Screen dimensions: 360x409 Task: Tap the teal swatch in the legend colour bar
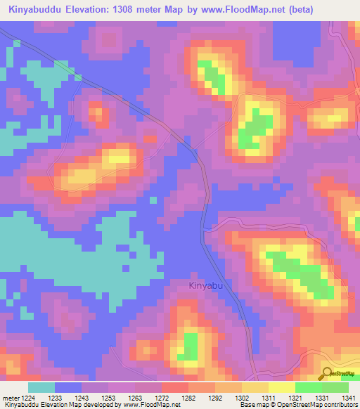(41, 387)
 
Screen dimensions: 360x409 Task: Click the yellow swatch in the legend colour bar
(282, 387)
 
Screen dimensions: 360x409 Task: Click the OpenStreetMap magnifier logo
(327, 372)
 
